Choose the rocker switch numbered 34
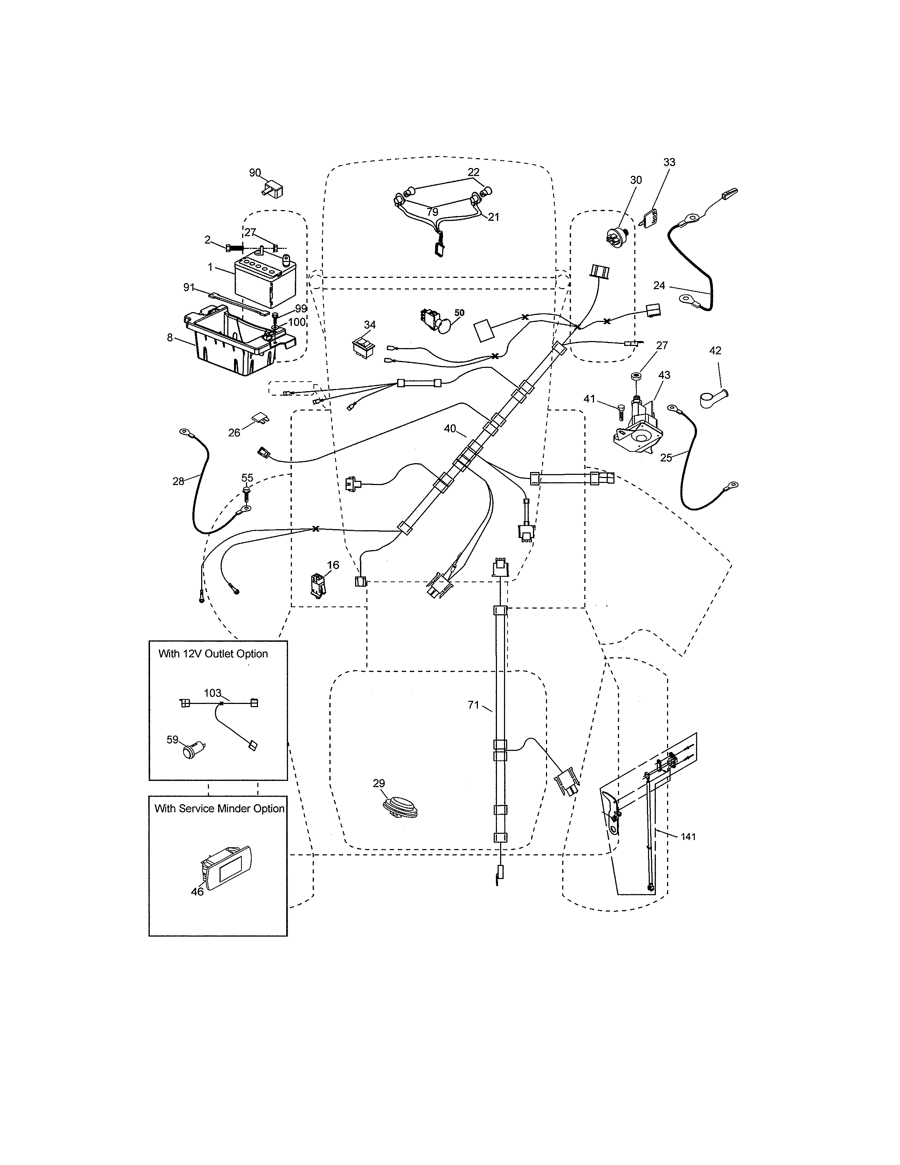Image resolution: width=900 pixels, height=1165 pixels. click(364, 346)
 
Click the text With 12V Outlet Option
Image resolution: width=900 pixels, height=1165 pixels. click(213, 654)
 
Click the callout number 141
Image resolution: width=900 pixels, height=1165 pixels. click(688, 836)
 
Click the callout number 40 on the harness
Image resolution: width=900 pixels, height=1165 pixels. click(449, 428)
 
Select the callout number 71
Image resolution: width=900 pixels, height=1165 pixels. click(473, 705)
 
